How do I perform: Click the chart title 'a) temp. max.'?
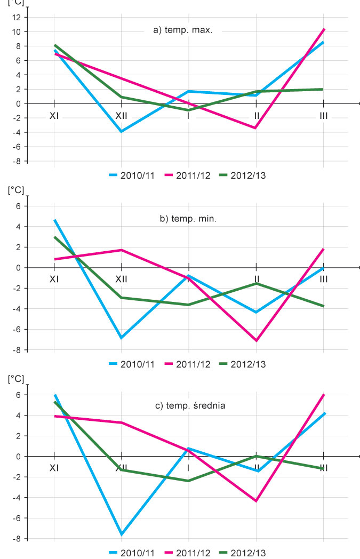(x=183, y=30)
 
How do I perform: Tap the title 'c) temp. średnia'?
(x=190, y=406)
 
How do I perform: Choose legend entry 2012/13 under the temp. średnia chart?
(x=246, y=553)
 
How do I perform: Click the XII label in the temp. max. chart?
(x=122, y=115)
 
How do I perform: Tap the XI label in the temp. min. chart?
(x=54, y=279)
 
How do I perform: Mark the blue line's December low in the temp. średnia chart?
(x=122, y=534)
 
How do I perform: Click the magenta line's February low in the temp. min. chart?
(x=257, y=340)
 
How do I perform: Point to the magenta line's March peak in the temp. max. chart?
(x=323, y=29)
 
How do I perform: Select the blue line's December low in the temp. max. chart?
(x=122, y=131)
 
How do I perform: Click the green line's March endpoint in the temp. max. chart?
(x=323, y=89)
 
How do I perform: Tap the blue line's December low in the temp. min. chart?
(x=122, y=338)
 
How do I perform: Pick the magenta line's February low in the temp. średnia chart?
(x=257, y=501)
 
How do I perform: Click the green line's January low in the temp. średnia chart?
(x=189, y=481)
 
